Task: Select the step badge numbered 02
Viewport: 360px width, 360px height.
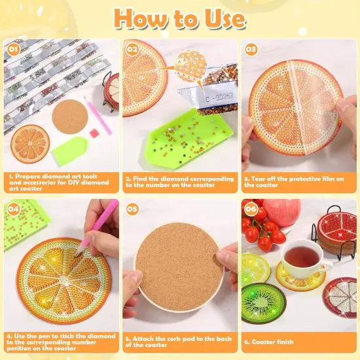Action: click(x=133, y=48)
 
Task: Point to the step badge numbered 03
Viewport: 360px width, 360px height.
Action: click(x=251, y=48)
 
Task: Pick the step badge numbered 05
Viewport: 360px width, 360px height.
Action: click(x=133, y=209)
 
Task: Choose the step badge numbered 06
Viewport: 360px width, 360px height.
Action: click(x=251, y=209)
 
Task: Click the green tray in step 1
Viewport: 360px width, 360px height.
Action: click(x=67, y=151)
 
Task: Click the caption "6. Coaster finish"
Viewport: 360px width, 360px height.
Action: click(x=269, y=342)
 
